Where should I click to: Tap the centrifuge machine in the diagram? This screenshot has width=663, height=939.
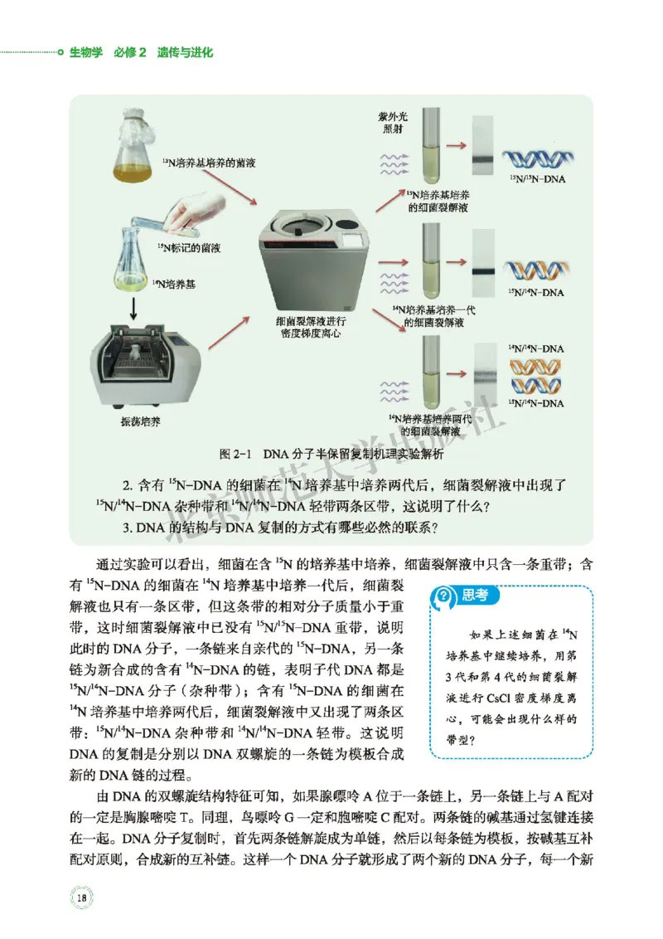tap(313, 256)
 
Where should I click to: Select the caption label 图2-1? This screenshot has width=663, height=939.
tap(236, 455)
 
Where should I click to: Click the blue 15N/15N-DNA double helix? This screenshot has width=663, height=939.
tap(540, 159)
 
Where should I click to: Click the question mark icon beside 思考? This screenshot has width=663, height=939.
tap(445, 594)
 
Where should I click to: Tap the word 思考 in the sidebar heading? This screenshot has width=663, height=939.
tap(474, 594)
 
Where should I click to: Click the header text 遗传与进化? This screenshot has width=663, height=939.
tap(185, 52)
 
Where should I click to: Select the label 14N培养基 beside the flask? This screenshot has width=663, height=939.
tap(175, 285)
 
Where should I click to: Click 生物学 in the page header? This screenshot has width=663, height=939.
tap(85, 52)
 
